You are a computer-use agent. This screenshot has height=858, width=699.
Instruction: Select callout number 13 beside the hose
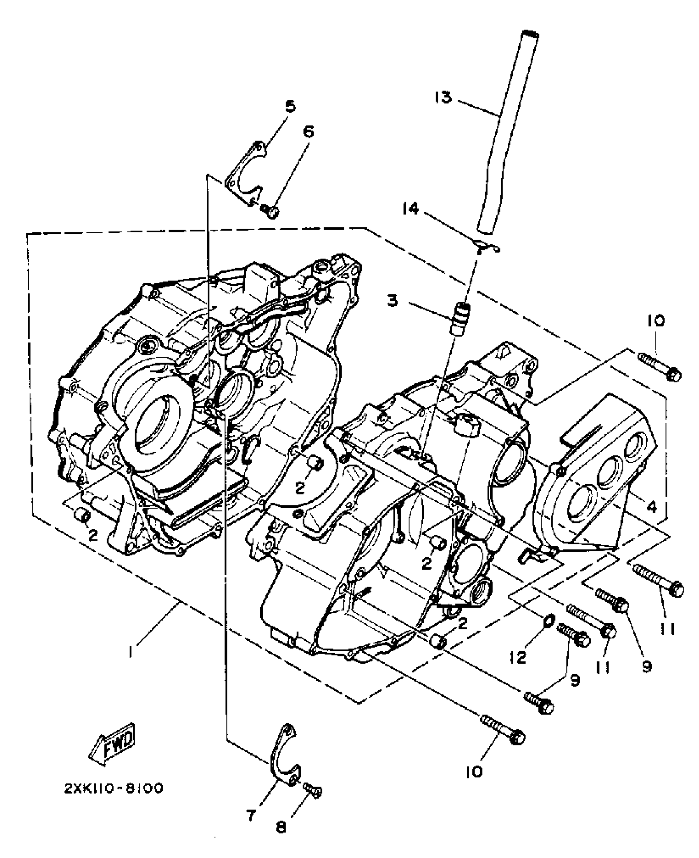(444, 98)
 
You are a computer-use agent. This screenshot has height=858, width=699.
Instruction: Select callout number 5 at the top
(291, 106)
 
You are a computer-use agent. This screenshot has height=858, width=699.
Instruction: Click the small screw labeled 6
(270, 212)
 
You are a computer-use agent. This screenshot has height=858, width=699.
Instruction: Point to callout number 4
(651, 508)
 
